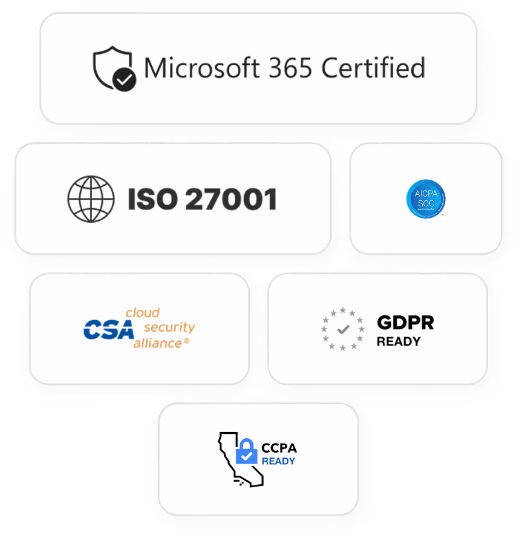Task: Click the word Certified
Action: (x=373, y=68)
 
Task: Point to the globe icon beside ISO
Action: (x=91, y=198)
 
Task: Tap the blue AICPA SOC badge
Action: (x=426, y=199)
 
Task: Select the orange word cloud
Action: (x=142, y=313)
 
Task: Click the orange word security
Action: (x=170, y=327)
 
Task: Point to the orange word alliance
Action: (x=157, y=343)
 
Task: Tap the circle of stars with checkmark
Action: (x=342, y=329)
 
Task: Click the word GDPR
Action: (x=405, y=323)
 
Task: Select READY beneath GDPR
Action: (x=398, y=341)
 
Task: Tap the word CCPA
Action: (x=279, y=448)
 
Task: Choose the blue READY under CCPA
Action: (x=278, y=461)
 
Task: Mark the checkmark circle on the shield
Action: (x=125, y=79)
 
